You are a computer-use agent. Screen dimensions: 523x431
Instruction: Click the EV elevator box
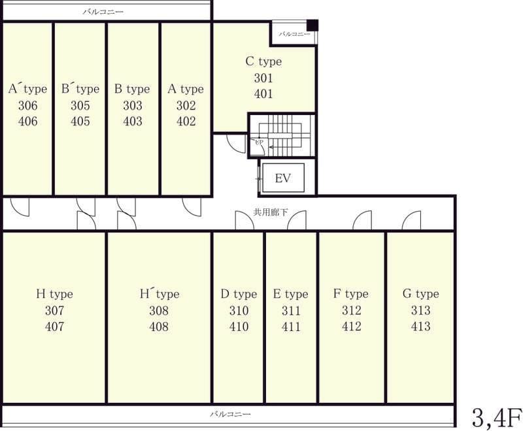(x=283, y=178)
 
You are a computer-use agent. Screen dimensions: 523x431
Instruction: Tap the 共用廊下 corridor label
(x=271, y=212)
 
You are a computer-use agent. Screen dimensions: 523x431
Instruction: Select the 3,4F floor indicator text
(x=497, y=417)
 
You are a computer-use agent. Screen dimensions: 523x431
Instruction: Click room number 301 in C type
(x=263, y=78)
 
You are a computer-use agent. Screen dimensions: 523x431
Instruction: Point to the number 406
(x=27, y=121)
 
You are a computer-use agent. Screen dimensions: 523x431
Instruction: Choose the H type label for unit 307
(x=54, y=294)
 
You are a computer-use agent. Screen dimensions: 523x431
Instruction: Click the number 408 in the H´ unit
(x=159, y=327)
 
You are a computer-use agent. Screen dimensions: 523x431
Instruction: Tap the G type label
(x=420, y=293)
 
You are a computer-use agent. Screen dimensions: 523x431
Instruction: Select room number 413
(x=420, y=326)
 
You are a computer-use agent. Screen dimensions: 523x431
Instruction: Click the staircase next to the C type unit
(x=282, y=135)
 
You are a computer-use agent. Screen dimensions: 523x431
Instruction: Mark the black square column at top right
(x=312, y=25)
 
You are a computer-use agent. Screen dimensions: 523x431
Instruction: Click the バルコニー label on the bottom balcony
(x=230, y=414)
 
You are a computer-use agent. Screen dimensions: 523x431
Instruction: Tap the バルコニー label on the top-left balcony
(x=103, y=12)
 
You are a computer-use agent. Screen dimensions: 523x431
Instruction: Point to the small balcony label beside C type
(x=294, y=34)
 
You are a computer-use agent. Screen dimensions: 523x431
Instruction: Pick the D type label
(x=239, y=294)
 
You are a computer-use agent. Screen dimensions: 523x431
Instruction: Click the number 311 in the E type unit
(x=291, y=310)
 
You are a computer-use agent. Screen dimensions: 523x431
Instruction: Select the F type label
(x=351, y=293)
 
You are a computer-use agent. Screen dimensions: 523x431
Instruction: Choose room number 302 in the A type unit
(x=186, y=105)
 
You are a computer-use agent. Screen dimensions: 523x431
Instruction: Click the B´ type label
(x=80, y=89)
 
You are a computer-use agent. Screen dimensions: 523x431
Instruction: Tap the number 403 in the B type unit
(x=133, y=121)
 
